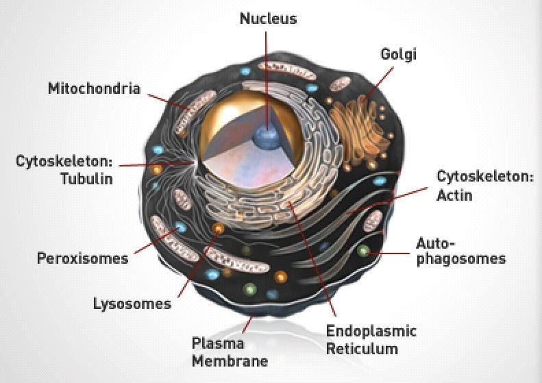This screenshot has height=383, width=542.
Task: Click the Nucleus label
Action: [268, 18]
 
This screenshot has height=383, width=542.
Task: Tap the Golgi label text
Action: [399, 55]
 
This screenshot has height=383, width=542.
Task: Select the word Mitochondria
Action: [94, 88]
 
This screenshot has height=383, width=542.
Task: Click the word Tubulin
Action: [86, 179]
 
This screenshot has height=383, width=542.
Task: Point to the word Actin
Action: [454, 195]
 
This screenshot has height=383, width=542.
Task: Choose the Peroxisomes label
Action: [83, 258]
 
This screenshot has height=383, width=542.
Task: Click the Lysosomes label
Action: [132, 304]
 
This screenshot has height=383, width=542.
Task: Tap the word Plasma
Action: [218, 343]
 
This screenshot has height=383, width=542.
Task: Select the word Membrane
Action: [230, 361]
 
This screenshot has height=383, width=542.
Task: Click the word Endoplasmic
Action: [371, 331]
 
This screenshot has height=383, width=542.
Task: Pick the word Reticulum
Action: [362, 349]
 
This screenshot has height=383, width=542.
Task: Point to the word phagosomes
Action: [461, 259]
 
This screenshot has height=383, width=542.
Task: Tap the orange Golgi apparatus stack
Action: [358, 129]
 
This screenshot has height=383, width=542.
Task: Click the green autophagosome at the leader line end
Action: [363, 250]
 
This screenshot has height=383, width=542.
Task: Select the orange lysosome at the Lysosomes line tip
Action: [218, 228]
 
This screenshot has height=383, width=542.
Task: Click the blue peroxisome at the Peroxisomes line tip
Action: [180, 227]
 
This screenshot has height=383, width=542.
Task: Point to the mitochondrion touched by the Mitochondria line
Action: [195, 112]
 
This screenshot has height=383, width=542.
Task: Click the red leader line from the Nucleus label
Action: [267, 82]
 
